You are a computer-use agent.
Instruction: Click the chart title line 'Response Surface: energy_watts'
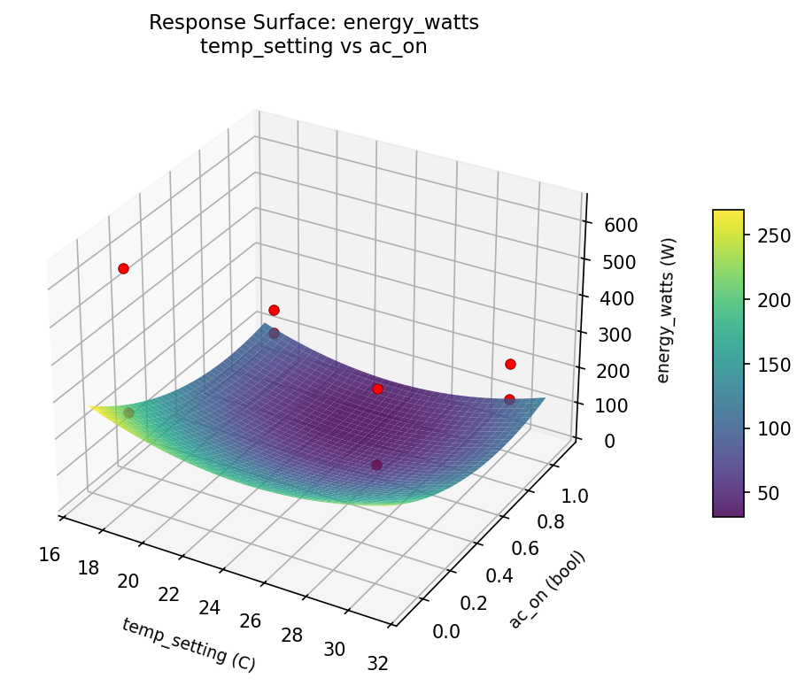pos(313,23)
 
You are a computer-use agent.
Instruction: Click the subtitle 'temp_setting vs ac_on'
pos(313,47)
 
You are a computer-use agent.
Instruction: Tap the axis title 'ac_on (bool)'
pos(546,590)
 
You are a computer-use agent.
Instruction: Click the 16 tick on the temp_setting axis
pos(50,554)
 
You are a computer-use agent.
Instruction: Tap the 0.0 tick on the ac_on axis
pos(445,630)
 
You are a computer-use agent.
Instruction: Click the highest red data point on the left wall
pos(123,268)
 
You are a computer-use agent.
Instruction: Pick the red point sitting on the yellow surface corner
pos(128,412)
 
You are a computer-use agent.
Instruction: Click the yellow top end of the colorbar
pos(728,213)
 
